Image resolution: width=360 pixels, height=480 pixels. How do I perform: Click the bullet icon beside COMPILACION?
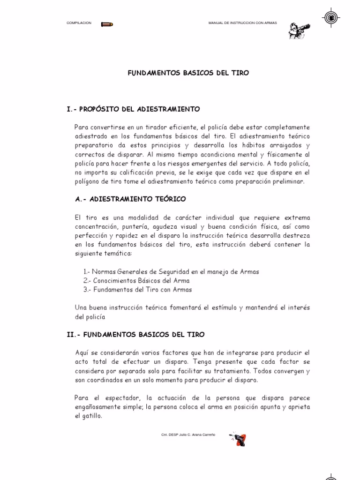pyautogui.click(x=108, y=24)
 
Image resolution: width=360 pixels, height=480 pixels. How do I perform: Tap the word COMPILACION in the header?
pyautogui.click(x=79, y=23)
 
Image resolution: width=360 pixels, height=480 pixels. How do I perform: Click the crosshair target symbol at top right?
pyautogui.click(x=331, y=17)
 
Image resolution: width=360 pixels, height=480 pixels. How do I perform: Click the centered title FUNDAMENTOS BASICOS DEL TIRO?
pyautogui.click(x=189, y=73)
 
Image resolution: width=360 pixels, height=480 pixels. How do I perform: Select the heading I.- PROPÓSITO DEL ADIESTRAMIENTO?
pyautogui.click(x=134, y=109)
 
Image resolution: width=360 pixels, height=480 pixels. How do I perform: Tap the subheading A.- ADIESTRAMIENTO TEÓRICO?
pyautogui.click(x=130, y=199)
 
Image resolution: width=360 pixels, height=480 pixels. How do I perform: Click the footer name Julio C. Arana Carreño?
pyautogui.click(x=196, y=435)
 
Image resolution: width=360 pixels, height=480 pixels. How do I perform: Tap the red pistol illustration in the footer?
pyautogui.click(x=239, y=439)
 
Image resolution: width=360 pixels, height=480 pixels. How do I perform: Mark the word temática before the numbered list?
pyautogui.click(x=117, y=253)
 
